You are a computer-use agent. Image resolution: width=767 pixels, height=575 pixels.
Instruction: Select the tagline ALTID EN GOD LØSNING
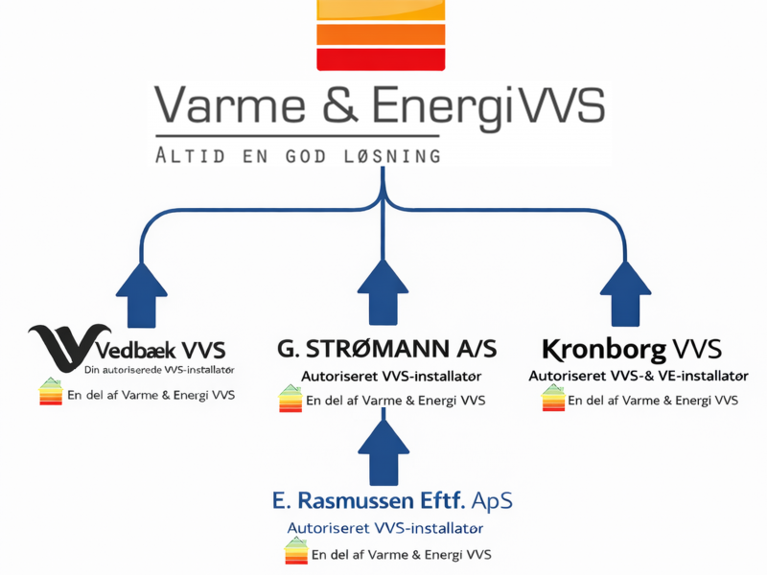click(x=298, y=154)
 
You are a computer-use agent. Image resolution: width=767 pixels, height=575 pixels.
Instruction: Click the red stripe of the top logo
click(x=382, y=59)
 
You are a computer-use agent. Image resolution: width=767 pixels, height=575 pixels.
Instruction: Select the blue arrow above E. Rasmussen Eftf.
click(x=383, y=450)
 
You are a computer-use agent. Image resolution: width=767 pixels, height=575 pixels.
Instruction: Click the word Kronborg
click(x=593, y=348)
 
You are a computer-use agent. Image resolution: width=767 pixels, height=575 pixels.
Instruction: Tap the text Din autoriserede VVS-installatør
click(x=159, y=370)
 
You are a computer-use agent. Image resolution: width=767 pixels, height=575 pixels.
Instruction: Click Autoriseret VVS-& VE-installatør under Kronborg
click(x=639, y=376)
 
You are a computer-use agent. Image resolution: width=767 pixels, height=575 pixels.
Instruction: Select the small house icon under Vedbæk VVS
click(x=51, y=393)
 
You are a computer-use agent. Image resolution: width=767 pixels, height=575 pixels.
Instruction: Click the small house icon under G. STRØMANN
click(x=290, y=398)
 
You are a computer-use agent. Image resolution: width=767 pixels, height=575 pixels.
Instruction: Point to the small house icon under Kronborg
click(x=553, y=398)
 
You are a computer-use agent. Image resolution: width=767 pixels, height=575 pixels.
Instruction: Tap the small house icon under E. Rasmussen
click(x=296, y=551)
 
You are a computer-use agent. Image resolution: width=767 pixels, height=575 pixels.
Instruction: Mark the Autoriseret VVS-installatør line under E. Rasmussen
click(x=384, y=528)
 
